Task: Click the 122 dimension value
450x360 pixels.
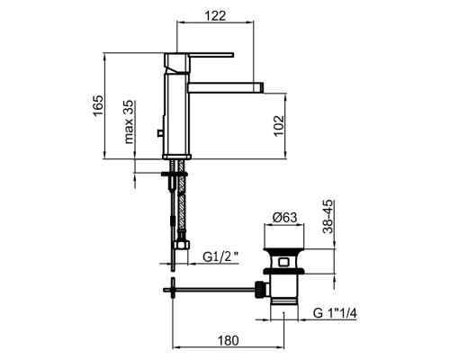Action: pyautogui.click(x=215, y=15)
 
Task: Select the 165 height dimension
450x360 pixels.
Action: pyautogui.click(x=98, y=105)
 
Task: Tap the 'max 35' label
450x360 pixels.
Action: pyautogui.click(x=129, y=122)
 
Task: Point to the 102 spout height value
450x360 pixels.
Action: pyautogui.click(x=279, y=126)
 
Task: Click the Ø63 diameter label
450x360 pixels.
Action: pyautogui.click(x=284, y=218)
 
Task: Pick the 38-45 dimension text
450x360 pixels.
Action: pyautogui.click(x=328, y=216)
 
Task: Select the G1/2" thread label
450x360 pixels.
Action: pyautogui.click(x=220, y=256)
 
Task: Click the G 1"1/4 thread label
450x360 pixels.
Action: pyautogui.click(x=335, y=313)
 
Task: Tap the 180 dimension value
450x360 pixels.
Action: pyautogui.click(x=229, y=340)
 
